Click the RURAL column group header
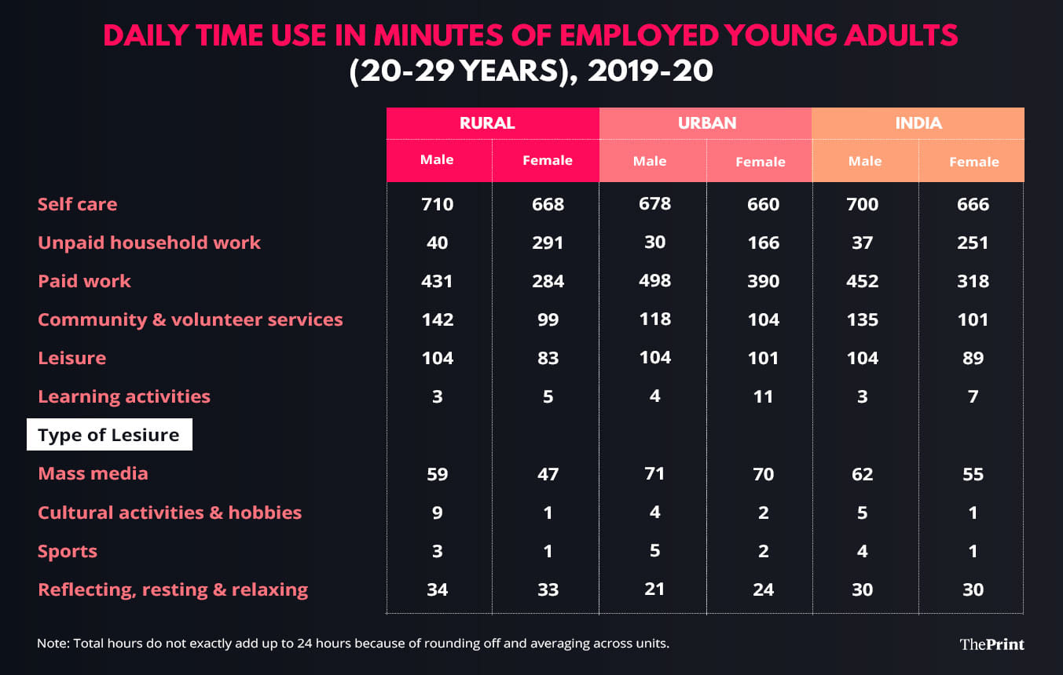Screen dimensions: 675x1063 [x=487, y=123]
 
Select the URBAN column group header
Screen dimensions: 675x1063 [x=707, y=123]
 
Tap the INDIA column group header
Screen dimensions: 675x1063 [x=918, y=123]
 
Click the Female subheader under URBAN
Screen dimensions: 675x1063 [x=760, y=162]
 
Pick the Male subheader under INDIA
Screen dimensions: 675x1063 [x=864, y=161]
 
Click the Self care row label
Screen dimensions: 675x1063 [x=77, y=204]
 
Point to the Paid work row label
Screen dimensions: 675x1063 [x=84, y=281]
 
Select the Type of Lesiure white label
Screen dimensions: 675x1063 [x=108, y=435]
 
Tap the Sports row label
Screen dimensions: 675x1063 [x=68, y=551]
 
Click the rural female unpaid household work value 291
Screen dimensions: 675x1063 [x=548, y=243]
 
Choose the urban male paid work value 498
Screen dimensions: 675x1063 [x=654, y=280]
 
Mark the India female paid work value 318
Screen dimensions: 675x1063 [x=973, y=281]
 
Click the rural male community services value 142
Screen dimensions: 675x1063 [x=437, y=319]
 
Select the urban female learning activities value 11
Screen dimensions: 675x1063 [x=763, y=396]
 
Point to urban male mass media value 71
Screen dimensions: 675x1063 [x=654, y=473]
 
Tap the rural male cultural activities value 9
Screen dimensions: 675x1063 [x=437, y=513]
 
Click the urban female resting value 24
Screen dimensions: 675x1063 [x=762, y=589]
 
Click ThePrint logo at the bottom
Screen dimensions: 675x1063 [x=992, y=644]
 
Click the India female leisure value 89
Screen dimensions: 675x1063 [x=973, y=358]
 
